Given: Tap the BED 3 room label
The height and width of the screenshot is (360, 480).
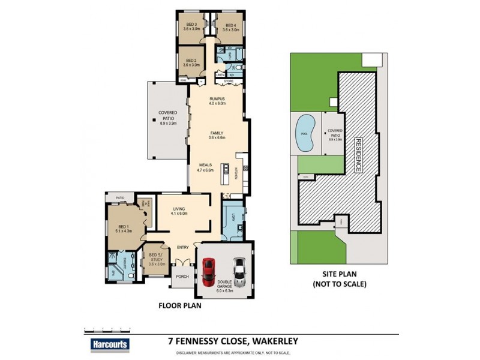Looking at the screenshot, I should [191, 26].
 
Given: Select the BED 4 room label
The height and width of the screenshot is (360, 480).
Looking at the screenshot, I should [231, 26].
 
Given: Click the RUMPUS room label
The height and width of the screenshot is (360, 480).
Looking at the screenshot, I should [217, 100].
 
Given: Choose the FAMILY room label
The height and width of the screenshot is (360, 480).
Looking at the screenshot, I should [217, 134].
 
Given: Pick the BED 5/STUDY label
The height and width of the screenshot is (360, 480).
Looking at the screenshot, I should [157, 259].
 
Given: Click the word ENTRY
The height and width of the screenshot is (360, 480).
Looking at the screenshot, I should [183, 247].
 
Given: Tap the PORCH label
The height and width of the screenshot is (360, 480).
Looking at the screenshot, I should [181, 277].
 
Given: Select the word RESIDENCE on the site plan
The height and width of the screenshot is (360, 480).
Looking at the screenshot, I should [359, 155].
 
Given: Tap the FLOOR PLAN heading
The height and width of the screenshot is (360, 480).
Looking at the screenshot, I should [179, 305].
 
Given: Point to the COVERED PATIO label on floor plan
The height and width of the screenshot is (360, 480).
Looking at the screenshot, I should [167, 117].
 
